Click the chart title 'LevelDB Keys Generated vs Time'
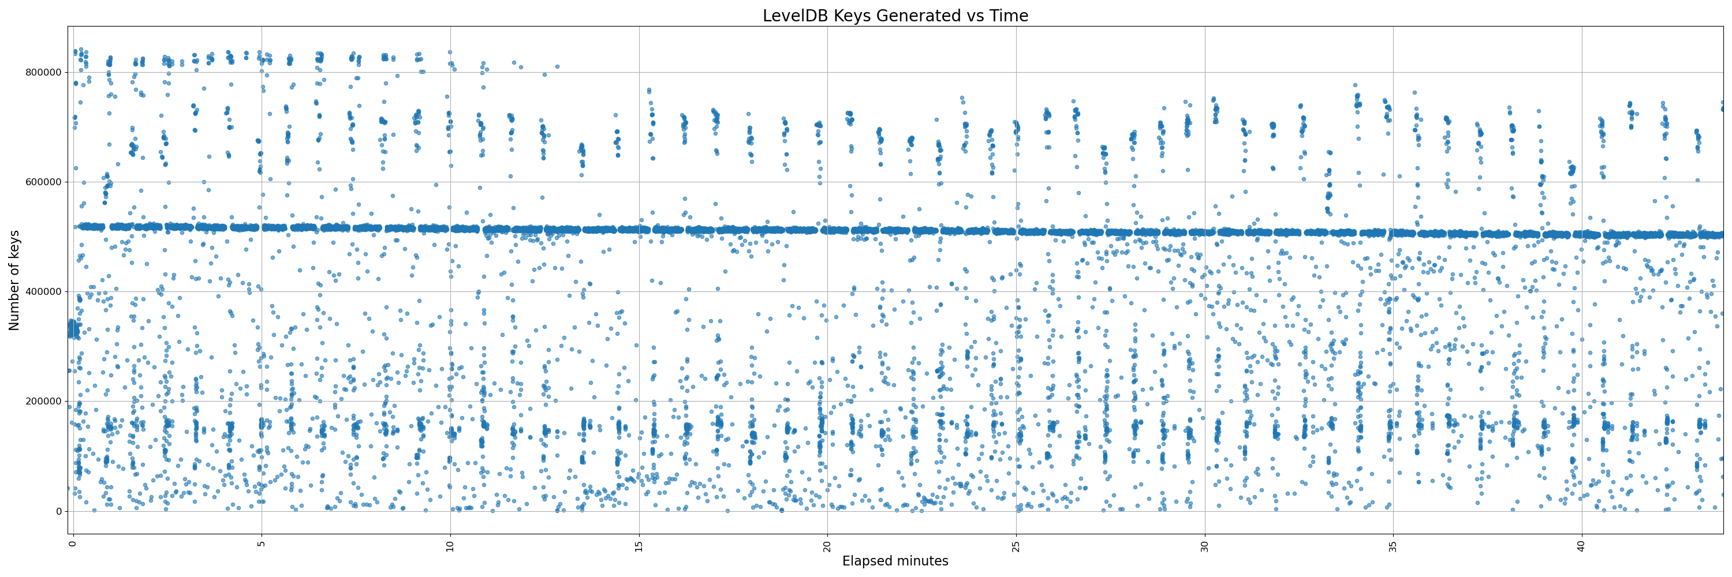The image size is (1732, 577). tap(895, 16)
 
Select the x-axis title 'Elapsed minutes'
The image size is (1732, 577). tap(895, 561)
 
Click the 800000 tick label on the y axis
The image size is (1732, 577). tap(43, 73)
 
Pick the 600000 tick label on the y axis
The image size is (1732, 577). tap(43, 182)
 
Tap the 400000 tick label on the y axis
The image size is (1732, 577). tap(43, 291)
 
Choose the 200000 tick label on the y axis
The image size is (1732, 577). tap(43, 401)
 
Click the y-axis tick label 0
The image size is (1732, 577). tap(58, 511)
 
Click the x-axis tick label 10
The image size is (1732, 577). tap(450, 546)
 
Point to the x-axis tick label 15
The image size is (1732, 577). tap(639, 546)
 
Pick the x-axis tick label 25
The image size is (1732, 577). tap(1016, 546)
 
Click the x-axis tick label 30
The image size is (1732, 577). tap(1204, 546)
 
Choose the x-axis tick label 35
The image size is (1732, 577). tap(1393, 546)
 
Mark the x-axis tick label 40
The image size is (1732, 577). tap(1581, 546)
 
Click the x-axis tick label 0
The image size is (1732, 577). tap(72, 544)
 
